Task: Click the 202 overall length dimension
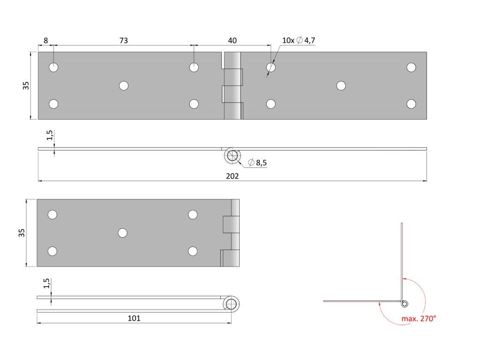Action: click(232, 176)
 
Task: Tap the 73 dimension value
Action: click(123, 41)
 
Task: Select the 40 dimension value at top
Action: click(232, 41)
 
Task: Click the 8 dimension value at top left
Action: click(45, 41)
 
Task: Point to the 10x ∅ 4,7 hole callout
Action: click(298, 41)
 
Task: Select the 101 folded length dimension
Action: click(134, 319)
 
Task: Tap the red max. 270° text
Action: click(419, 319)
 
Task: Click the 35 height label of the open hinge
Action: click(26, 85)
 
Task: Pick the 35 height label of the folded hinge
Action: click(22, 233)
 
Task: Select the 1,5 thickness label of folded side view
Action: click(46, 284)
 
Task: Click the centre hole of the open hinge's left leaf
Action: click(124, 85)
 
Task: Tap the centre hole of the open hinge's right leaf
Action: click(341, 85)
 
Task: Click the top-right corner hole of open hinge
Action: click(411, 67)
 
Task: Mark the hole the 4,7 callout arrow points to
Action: click(270, 67)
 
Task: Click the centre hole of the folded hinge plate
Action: click(123, 233)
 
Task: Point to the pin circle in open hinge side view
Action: click(232, 156)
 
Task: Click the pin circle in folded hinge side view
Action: click(231, 304)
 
